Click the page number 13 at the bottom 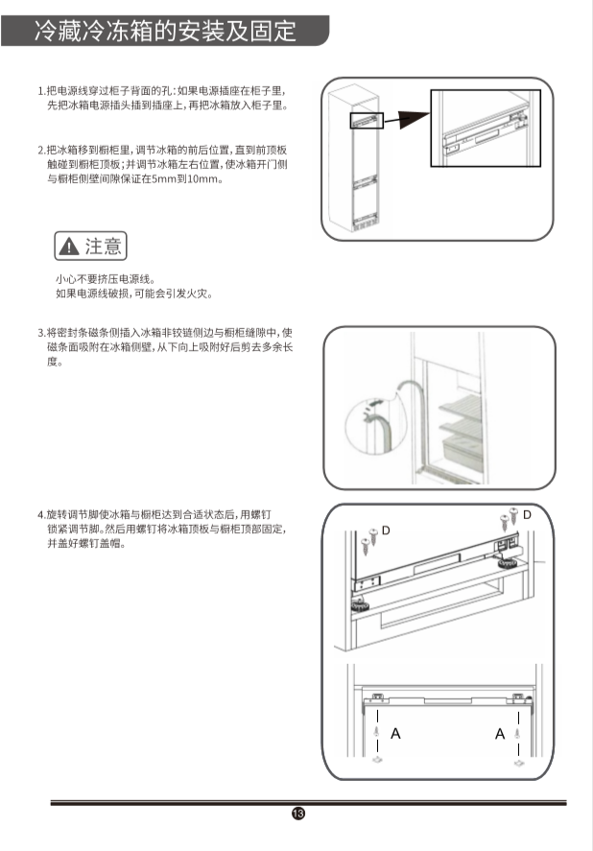coord(298,813)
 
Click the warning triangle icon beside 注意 coord(69,247)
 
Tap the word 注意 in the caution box coord(103,247)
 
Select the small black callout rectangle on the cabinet coord(367,121)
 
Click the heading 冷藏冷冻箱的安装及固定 coord(166,31)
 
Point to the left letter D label coord(386,531)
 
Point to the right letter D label coord(527,514)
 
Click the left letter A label coord(395,734)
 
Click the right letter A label coord(500,734)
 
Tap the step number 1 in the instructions coord(40,90)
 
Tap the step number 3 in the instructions coord(40,333)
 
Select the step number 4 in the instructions coord(40,514)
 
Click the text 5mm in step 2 coord(161,179)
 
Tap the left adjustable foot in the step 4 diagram coord(359,605)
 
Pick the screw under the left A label coord(377,732)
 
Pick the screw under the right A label coord(517,733)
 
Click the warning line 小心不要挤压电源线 coord(106,279)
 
